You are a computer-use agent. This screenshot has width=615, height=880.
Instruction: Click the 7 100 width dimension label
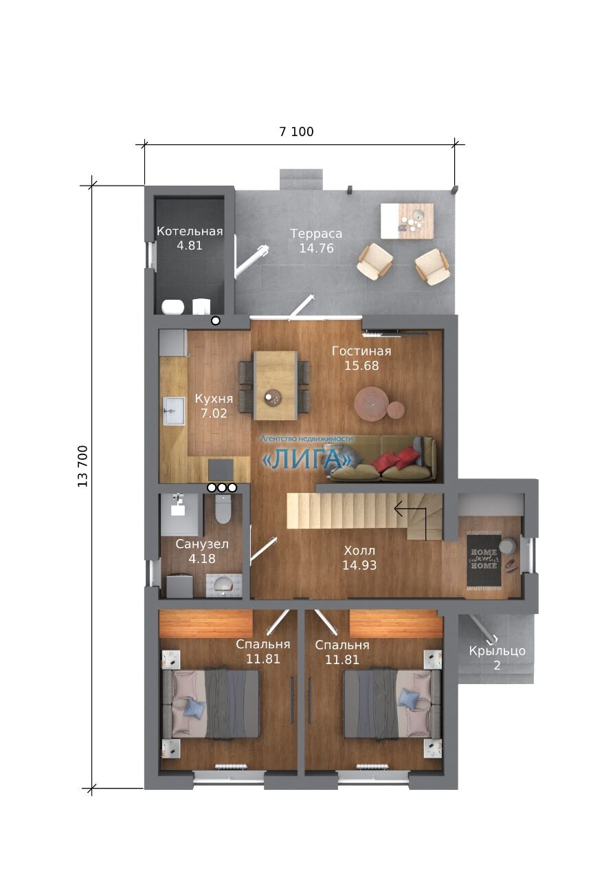click(296, 131)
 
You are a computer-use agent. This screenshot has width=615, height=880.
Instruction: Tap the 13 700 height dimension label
click(82, 466)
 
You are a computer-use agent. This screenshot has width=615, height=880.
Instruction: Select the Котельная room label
click(190, 232)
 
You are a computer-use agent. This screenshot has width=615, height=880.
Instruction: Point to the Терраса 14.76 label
click(316, 241)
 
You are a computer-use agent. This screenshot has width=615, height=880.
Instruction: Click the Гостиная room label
click(361, 351)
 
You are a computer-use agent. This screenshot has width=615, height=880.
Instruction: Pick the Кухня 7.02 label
click(214, 406)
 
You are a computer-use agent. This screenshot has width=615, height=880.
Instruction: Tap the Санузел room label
click(202, 544)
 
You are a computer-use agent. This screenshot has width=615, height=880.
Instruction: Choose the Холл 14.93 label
click(359, 558)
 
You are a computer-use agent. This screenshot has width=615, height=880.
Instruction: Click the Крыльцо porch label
click(497, 651)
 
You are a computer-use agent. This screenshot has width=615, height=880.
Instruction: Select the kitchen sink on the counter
click(174, 411)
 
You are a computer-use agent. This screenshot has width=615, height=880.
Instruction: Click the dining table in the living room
click(275, 385)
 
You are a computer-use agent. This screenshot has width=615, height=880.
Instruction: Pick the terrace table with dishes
click(407, 221)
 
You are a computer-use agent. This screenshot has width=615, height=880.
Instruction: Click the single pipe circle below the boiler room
click(215, 320)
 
